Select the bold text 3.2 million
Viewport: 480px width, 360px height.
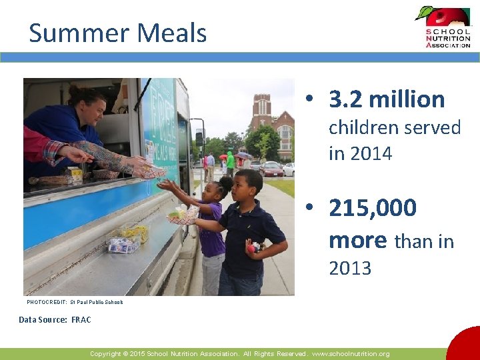[x=387, y=99]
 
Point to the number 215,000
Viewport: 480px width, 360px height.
[x=373, y=208]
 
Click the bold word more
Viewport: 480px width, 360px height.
[x=357, y=239]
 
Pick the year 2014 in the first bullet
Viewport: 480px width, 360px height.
[x=371, y=154]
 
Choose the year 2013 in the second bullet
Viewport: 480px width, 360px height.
[x=350, y=269]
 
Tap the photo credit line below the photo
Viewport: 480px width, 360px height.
[x=75, y=302]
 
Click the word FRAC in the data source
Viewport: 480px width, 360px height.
[x=81, y=320]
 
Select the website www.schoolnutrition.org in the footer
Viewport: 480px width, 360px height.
[x=351, y=354]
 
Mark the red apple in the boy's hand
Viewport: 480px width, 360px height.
[x=252, y=248]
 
